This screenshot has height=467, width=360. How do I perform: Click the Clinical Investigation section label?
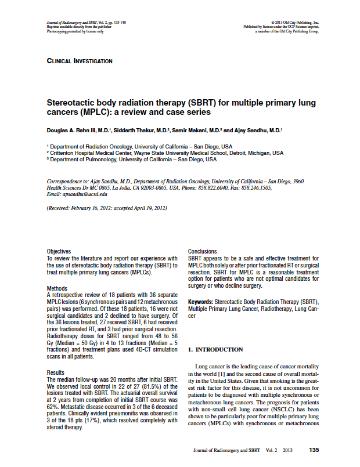pos(80,61)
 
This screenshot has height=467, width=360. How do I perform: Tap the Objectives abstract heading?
pos(59,251)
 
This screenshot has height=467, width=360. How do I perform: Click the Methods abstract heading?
pos(56,288)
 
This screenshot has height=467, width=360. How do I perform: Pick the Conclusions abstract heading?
pos(203,251)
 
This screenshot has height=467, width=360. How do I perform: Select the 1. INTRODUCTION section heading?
pos(215,349)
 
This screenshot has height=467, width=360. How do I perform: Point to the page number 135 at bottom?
pos(314,450)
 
